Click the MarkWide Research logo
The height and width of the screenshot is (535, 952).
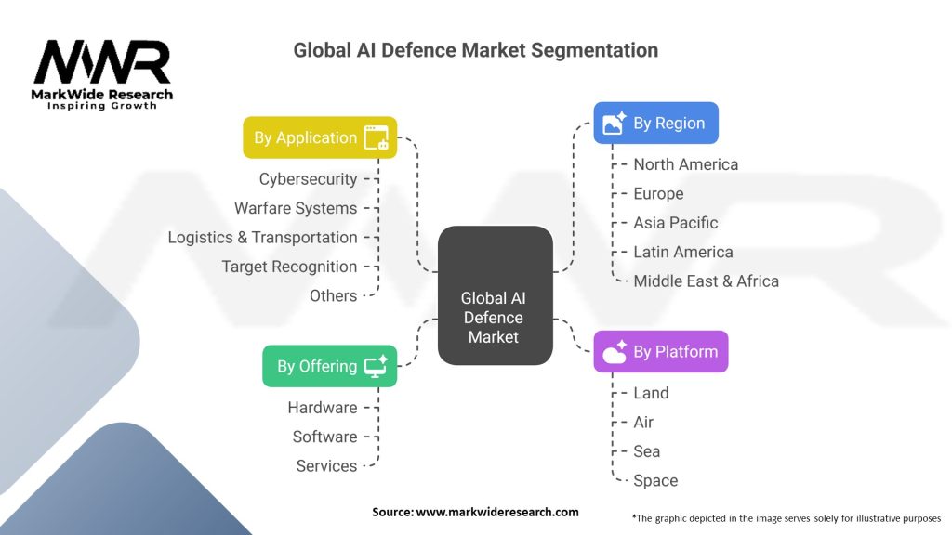click(102, 74)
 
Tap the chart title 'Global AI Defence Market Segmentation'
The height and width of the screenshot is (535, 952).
click(475, 50)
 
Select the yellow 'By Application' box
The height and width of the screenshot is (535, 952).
click(320, 137)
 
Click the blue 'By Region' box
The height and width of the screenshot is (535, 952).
click(655, 123)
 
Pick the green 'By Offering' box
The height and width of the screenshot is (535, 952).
click(329, 366)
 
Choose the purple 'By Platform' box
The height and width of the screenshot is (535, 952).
click(660, 352)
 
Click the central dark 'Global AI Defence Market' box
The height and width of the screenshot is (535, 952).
click(495, 316)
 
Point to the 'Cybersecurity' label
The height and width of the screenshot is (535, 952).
click(308, 179)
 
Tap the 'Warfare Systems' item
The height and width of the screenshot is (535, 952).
click(296, 208)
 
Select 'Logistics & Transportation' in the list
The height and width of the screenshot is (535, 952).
click(262, 238)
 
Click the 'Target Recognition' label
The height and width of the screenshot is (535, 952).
click(289, 267)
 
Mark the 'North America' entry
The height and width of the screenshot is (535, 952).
click(685, 164)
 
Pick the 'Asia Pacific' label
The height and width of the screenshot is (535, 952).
click(675, 223)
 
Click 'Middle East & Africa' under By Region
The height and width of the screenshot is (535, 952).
click(706, 281)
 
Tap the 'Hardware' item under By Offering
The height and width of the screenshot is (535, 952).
click(322, 408)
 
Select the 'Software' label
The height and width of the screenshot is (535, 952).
click(324, 437)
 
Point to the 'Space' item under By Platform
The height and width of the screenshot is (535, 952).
click(655, 480)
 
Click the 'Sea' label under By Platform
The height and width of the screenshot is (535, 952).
click(646, 451)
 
